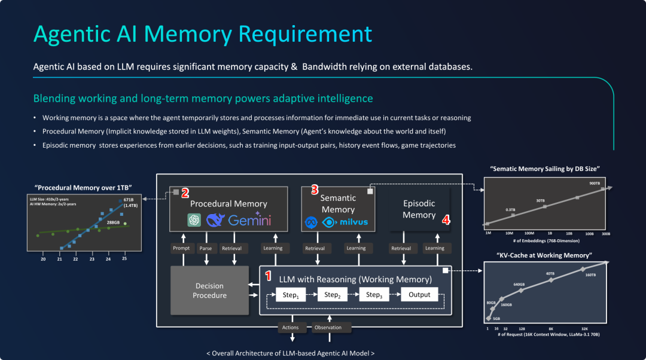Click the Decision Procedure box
(209, 291)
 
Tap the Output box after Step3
(419, 295)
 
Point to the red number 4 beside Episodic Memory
(446, 220)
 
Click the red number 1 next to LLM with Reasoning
(268, 276)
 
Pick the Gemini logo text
(249, 219)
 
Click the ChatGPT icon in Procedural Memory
(194, 220)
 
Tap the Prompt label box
(181, 248)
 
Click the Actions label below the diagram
(290, 328)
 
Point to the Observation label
(328, 328)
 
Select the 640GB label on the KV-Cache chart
(519, 284)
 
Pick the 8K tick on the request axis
(551, 328)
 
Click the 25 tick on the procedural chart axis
(124, 259)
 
